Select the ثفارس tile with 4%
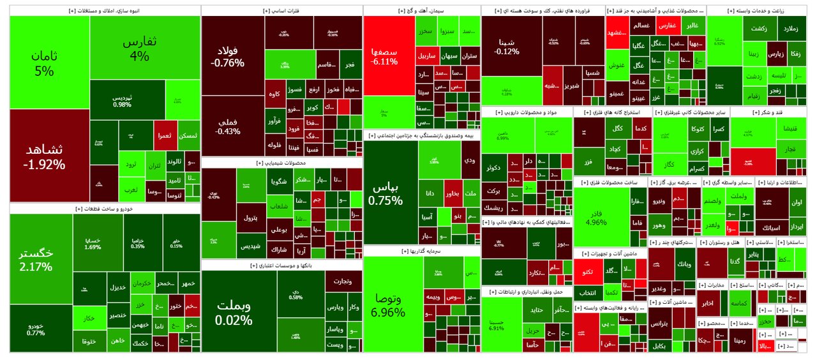[139, 49]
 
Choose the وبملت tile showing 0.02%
[233, 311]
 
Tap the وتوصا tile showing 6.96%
[388, 305]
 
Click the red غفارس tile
[666, 26]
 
